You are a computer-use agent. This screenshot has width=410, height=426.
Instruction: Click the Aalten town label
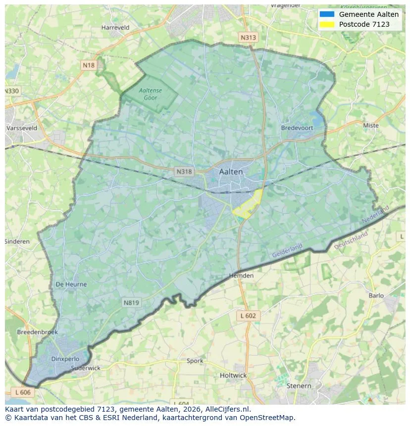click(x=231, y=172)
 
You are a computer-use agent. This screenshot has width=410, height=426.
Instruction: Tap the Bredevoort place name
click(x=297, y=128)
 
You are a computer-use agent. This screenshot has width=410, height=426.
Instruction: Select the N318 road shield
click(x=184, y=172)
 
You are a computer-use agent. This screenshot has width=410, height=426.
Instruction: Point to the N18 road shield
click(x=89, y=65)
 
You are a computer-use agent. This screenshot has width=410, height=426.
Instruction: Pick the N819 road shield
click(x=131, y=302)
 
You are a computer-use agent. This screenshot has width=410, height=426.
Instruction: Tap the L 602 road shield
click(x=248, y=316)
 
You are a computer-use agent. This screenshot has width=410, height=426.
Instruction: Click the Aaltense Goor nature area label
click(x=151, y=94)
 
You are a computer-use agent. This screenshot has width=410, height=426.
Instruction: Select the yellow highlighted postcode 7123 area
click(x=248, y=205)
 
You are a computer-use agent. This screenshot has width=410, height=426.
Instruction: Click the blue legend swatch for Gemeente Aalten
click(x=327, y=14)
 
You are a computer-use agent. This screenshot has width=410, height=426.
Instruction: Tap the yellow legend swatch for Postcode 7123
click(x=327, y=24)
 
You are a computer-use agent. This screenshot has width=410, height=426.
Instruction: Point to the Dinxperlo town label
click(x=65, y=359)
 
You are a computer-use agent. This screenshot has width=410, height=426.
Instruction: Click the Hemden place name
click(x=242, y=276)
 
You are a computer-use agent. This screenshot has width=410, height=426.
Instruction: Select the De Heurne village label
click(x=71, y=284)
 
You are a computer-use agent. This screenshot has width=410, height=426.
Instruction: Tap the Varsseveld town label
click(x=22, y=128)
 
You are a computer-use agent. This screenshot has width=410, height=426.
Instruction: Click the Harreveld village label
click(x=115, y=28)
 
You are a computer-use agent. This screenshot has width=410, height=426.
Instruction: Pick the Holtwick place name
click(x=233, y=376)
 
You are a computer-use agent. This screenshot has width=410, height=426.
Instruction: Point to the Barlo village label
click(x=376, y=296)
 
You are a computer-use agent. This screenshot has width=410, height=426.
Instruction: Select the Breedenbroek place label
click(x=37, y=332)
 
